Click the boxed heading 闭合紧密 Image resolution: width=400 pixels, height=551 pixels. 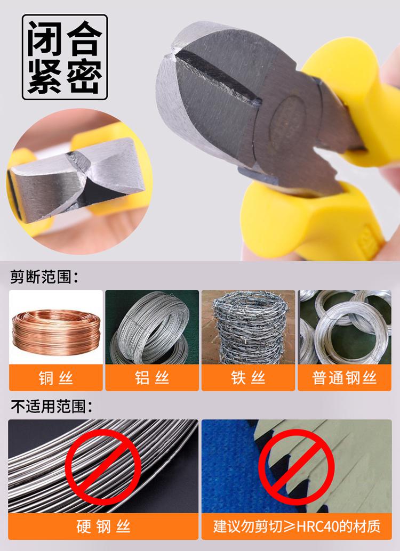65,57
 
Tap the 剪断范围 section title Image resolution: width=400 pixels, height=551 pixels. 44,277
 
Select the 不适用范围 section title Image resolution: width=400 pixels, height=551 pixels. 51,406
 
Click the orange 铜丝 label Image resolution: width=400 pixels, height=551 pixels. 56,378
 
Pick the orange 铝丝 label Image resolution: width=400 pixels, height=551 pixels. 152,378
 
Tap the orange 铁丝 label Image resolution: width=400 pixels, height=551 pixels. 248,378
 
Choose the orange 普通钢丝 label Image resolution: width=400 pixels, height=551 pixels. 345,378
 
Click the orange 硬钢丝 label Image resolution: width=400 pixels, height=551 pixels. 103,526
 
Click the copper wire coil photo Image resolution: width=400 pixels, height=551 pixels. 56,327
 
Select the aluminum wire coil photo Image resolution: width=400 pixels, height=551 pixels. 152,327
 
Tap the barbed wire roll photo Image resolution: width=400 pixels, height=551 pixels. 248,327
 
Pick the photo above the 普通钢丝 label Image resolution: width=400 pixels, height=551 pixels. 345,327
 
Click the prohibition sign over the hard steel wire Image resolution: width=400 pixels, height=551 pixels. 103,467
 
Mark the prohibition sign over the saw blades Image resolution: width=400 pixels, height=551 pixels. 296,467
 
